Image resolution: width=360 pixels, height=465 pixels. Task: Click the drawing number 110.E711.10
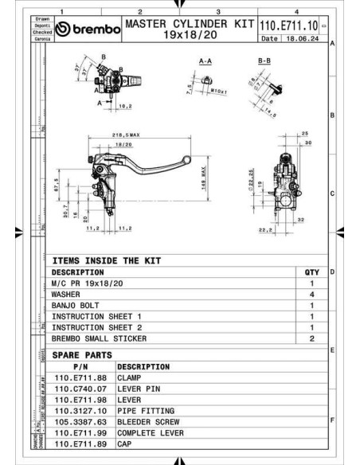(x=288, y=25)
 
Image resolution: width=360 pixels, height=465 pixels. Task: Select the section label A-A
(x=205, y=60)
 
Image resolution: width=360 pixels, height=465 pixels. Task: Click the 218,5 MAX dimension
(x=126, y=136)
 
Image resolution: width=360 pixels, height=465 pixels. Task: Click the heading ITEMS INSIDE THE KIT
(x=106, y=260)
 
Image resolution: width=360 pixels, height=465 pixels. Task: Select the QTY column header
(x=311, y=272)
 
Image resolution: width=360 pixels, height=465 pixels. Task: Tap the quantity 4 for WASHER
(x=311, y=294)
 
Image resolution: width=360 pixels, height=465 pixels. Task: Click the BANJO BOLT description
(x=76, y=305)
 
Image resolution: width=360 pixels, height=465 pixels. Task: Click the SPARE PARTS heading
(x=82, y=354)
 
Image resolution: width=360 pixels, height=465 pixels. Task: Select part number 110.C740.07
(x=80, y=389)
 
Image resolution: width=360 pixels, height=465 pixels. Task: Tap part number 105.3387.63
(x=80, y=422)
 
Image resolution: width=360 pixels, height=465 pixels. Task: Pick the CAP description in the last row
(x=125, y=444)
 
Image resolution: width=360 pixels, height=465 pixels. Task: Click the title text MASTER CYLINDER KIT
(x=188, y=24)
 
